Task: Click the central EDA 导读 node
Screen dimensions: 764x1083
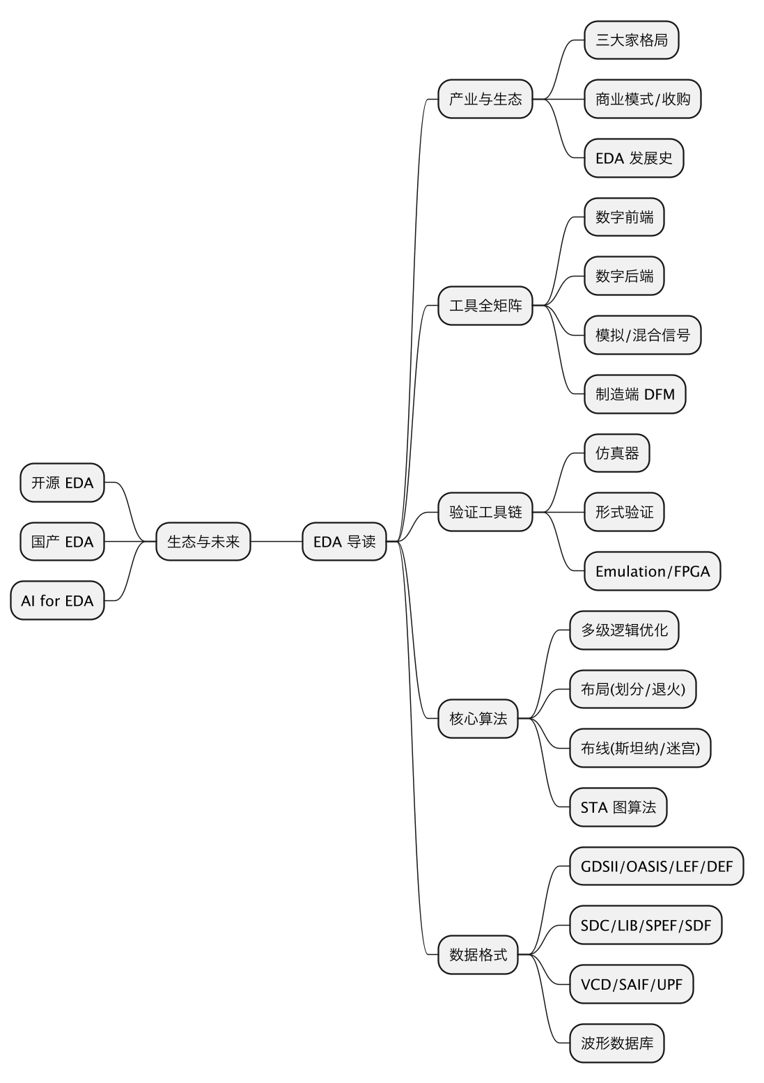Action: [344, 542]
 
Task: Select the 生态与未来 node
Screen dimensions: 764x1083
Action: [203, 542]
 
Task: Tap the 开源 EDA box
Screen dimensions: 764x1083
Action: [62, 483]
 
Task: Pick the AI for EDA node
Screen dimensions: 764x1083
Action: [57, 600]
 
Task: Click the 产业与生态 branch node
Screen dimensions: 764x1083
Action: [485, 99]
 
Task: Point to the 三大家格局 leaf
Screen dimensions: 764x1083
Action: [632, 40]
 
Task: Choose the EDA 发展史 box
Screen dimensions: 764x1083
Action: [634, 158]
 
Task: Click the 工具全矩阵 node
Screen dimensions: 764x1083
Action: [485, 306]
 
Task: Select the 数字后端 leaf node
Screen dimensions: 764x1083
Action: [624, 276]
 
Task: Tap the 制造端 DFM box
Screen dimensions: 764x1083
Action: [635, 394]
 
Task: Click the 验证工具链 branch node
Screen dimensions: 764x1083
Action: [485, 512]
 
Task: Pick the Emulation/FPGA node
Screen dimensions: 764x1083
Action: [653, 571]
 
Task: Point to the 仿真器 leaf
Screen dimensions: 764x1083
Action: [617, 453]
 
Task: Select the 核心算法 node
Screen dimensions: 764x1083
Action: [478, 719]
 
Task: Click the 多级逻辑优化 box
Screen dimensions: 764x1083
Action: [624, 630]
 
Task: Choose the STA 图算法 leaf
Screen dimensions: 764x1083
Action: [618, 807]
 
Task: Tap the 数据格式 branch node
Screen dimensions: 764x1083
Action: [478, 955]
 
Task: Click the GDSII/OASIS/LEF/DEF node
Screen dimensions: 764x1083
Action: [657, 866]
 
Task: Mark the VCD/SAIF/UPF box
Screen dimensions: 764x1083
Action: [632, 984]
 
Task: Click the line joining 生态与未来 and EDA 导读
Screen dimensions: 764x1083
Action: [276, 542]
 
